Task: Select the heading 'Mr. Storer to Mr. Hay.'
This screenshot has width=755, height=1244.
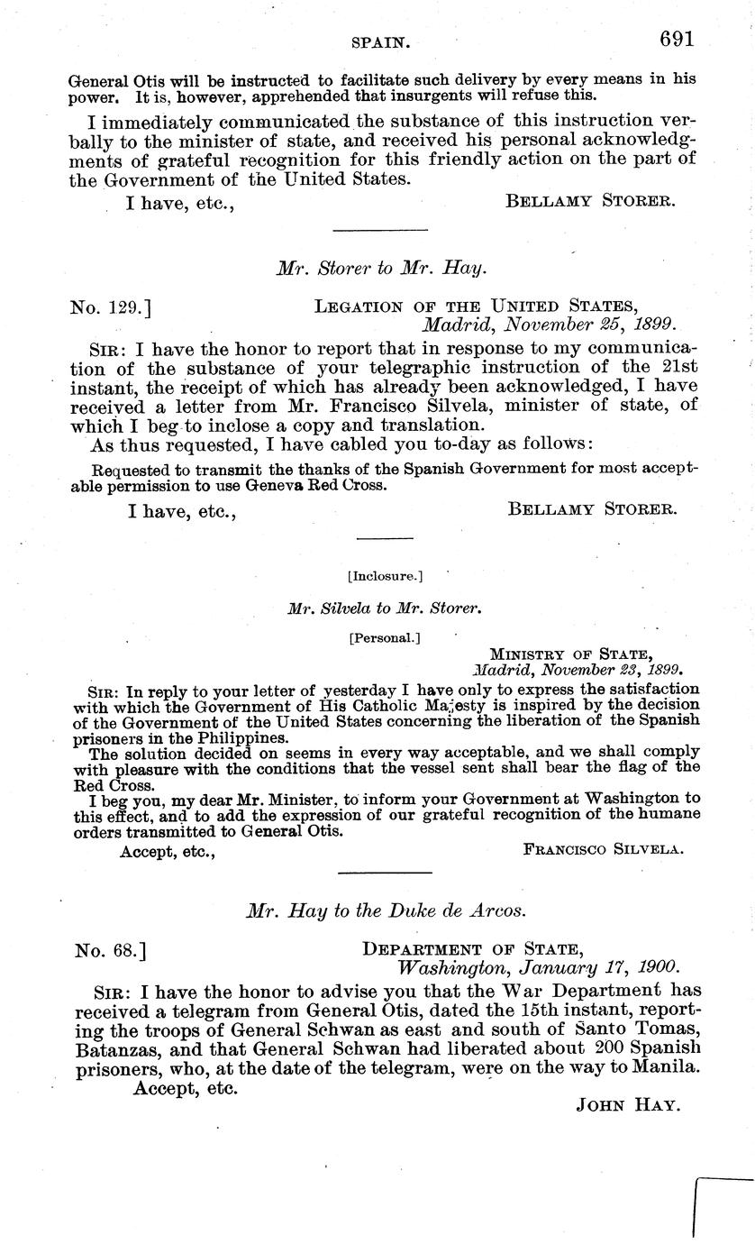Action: [381, 268]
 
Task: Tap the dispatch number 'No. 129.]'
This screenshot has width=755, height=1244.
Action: [110, 307]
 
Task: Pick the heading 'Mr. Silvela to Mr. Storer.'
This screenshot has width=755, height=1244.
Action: [385, 608]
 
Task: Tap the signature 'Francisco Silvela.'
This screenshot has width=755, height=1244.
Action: [604, 849]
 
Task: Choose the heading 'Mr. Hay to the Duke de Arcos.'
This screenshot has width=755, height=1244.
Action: [386, 910]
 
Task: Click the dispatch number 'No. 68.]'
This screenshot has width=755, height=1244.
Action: [106, 949]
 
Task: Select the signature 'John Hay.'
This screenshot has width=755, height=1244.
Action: [627, 1105]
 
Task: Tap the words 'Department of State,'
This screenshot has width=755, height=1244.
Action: [473, 949]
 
